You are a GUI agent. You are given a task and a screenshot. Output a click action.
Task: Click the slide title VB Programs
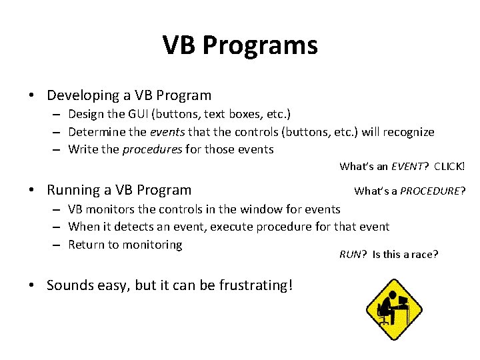click(240, 45)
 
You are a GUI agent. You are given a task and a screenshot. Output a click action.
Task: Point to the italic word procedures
click(152, 149)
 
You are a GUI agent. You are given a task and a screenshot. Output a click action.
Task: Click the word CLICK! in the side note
click(449, 166)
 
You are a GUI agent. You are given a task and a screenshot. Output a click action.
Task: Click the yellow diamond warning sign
click(394, 309)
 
